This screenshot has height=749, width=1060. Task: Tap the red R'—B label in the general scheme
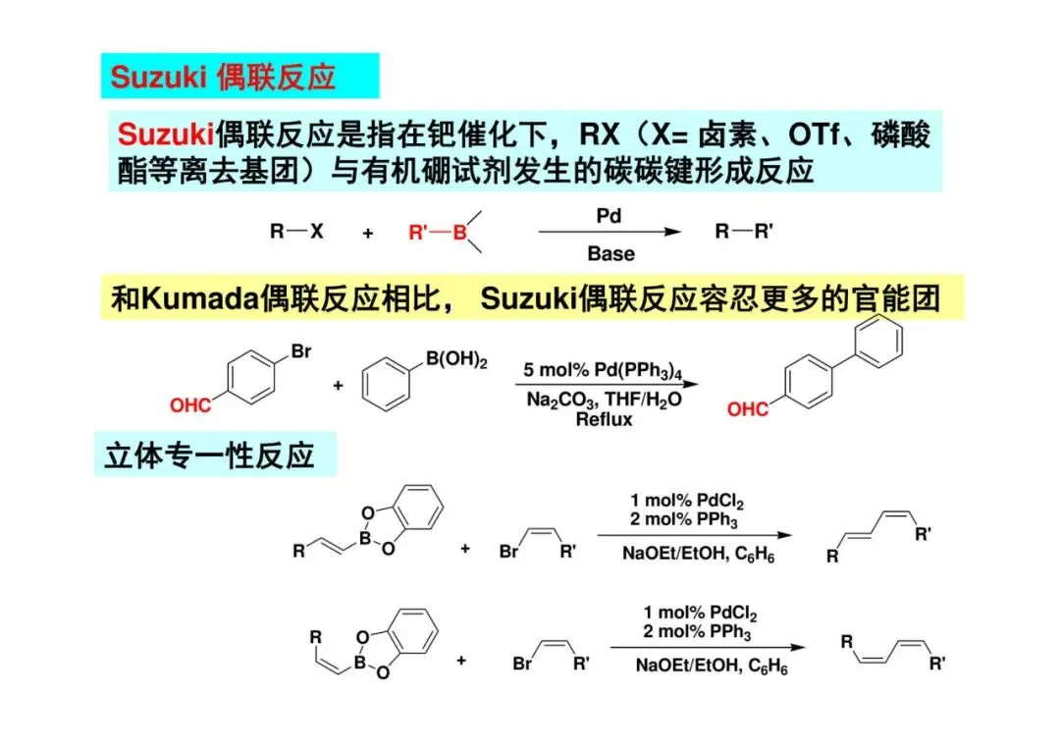437,233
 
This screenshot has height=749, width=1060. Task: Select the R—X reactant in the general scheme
295,233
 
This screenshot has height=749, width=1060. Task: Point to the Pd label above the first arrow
609,214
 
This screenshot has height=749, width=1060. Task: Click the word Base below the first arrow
610,254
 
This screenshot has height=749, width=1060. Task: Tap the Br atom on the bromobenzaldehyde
301,350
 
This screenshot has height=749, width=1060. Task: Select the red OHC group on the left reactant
189,404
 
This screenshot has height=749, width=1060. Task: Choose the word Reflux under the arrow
605,418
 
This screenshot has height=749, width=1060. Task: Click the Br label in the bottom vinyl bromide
523,664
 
